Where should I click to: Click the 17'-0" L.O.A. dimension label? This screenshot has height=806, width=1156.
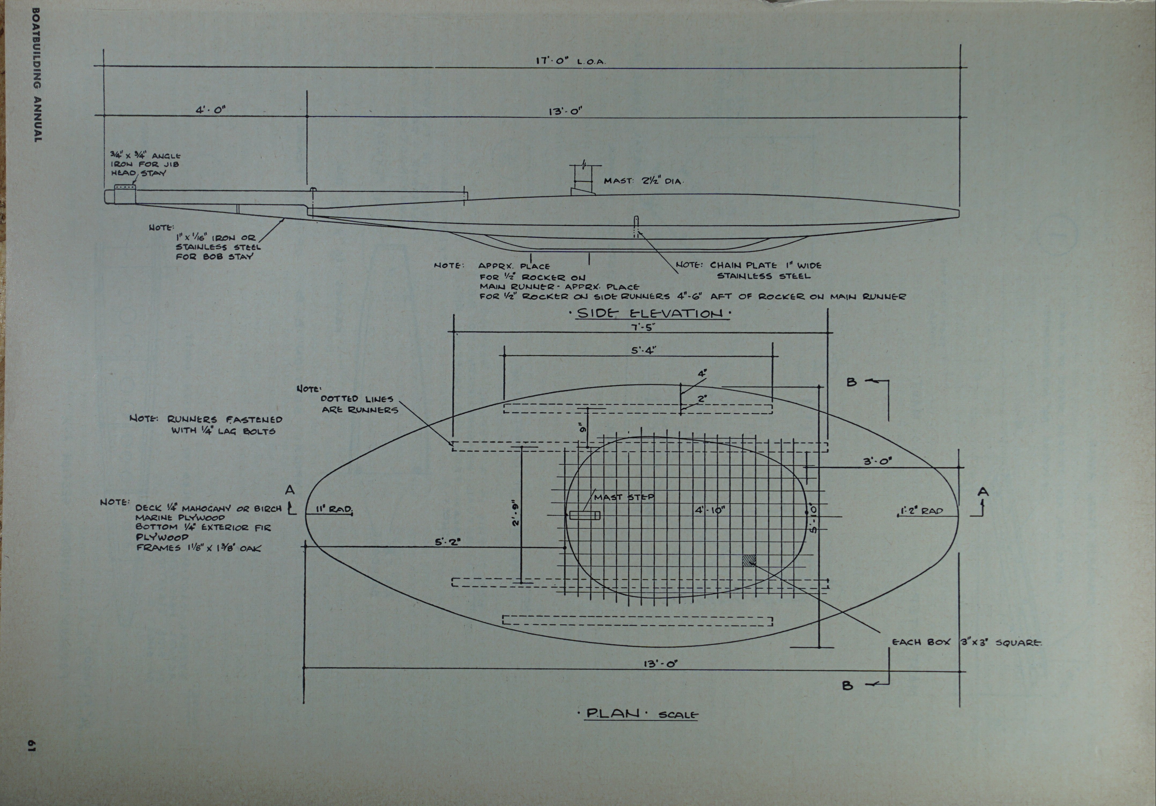pos(570,61)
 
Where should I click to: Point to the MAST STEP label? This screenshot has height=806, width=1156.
pos(624,497)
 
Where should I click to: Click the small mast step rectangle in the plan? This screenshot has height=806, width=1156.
pos(585,515)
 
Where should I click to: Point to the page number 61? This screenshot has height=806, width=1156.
pos(31,746)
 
